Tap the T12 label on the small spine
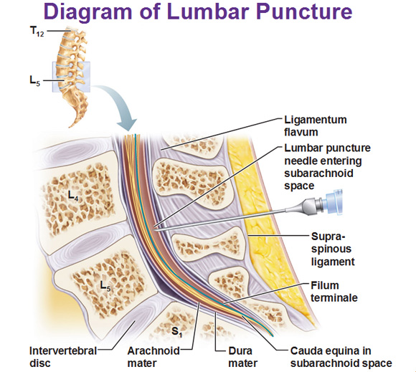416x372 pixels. coord(37,32)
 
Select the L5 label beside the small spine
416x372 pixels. coord(35,80)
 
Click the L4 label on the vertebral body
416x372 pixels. coord(73,196)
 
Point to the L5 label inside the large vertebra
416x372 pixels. coord(105,286)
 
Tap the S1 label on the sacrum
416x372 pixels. coord(177,332)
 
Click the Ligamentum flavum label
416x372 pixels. coord(316,125)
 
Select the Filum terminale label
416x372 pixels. coord(334,292)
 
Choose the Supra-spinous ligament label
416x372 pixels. coord(333,249)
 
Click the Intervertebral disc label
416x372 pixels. coord(63,357)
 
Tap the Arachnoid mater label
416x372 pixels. coord(153,357)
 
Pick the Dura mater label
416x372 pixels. coord(242,357)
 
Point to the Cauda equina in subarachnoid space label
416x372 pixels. coord(341,357)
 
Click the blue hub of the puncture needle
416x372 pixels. coord(332,201)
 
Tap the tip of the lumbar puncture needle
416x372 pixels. coord(155,230)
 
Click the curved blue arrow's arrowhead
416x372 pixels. coord(127,124)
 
